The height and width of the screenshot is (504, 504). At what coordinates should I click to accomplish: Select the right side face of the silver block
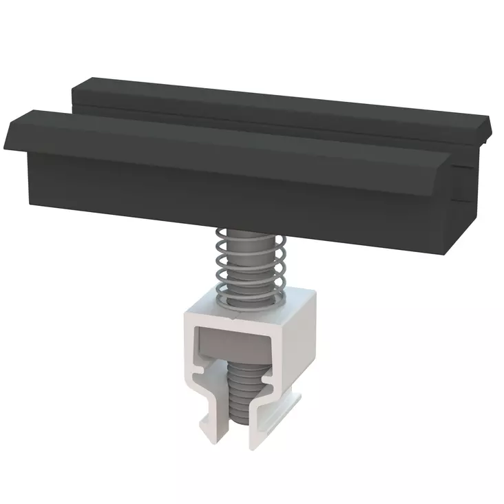point(307,344)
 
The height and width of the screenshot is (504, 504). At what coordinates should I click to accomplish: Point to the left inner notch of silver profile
point(200,374)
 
